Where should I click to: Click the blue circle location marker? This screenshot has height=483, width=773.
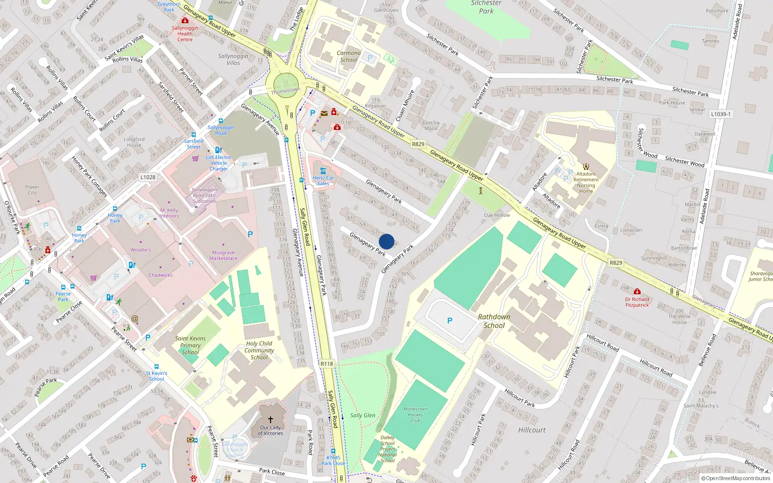[386, 241]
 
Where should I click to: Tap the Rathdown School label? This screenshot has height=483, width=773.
[494, 321]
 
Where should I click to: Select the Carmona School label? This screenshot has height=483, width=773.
[349, 57]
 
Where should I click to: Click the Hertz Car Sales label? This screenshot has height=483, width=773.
[323, 181]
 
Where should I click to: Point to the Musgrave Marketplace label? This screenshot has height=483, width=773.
[223, 256]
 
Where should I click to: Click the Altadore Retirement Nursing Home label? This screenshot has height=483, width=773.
[586, 183]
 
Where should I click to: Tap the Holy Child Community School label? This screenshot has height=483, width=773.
[259, 350]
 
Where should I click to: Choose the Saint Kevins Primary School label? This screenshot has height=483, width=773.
[190, 345]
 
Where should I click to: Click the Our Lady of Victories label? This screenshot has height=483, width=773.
[271, 430]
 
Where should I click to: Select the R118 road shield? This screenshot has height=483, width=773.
[327, 364]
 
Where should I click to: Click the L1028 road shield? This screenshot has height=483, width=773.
[148, 177]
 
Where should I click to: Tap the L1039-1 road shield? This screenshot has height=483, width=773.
[721, 114]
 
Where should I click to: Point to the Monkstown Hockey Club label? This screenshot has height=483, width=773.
[415, 414]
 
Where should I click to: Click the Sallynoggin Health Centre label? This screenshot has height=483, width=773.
[185, 33]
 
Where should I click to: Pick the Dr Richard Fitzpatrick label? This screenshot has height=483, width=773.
[637, 302]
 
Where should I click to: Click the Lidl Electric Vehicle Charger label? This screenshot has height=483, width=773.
[219, 163]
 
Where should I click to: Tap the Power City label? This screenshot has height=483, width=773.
[32, 190]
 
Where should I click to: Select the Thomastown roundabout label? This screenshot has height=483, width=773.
[286, 91]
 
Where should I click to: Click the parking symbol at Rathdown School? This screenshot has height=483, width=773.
[450, 321]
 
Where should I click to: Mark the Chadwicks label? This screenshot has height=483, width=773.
[160, 275]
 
